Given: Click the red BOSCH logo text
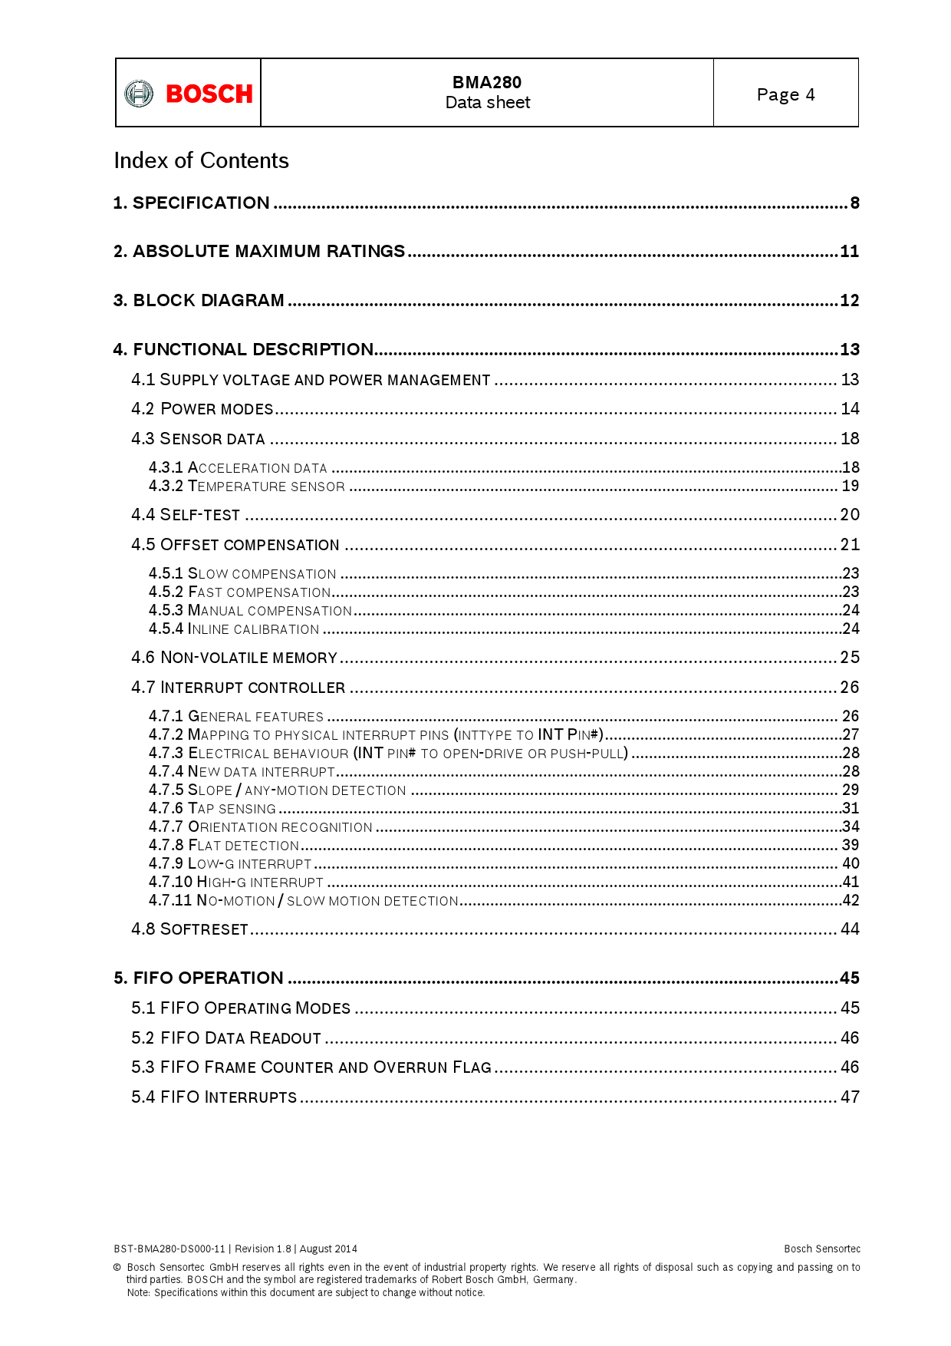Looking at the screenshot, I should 209,94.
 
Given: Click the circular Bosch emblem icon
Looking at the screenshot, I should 139,94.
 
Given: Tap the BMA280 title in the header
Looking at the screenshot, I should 486,82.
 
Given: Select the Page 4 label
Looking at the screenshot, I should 785,94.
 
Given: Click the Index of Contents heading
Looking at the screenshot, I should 201,160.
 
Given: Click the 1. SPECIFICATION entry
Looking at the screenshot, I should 192,203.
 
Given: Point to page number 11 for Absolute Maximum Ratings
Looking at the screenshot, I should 849,252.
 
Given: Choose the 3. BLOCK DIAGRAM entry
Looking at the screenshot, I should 199,300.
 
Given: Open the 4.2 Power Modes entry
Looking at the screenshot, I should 202,409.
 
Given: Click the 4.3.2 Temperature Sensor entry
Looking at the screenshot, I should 247,486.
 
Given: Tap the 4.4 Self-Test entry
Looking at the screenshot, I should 186,515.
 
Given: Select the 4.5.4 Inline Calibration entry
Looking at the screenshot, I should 234,628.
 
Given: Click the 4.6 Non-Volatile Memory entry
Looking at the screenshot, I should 234,658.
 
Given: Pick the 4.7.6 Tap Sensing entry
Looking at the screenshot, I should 212,808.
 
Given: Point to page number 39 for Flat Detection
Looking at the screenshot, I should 850,845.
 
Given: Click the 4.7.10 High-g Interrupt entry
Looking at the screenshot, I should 236,882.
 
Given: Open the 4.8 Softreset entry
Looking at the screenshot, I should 190,929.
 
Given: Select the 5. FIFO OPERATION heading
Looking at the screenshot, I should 199,978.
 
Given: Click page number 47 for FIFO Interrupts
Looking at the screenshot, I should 850,1097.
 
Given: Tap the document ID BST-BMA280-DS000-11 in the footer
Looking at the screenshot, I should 169,1249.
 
